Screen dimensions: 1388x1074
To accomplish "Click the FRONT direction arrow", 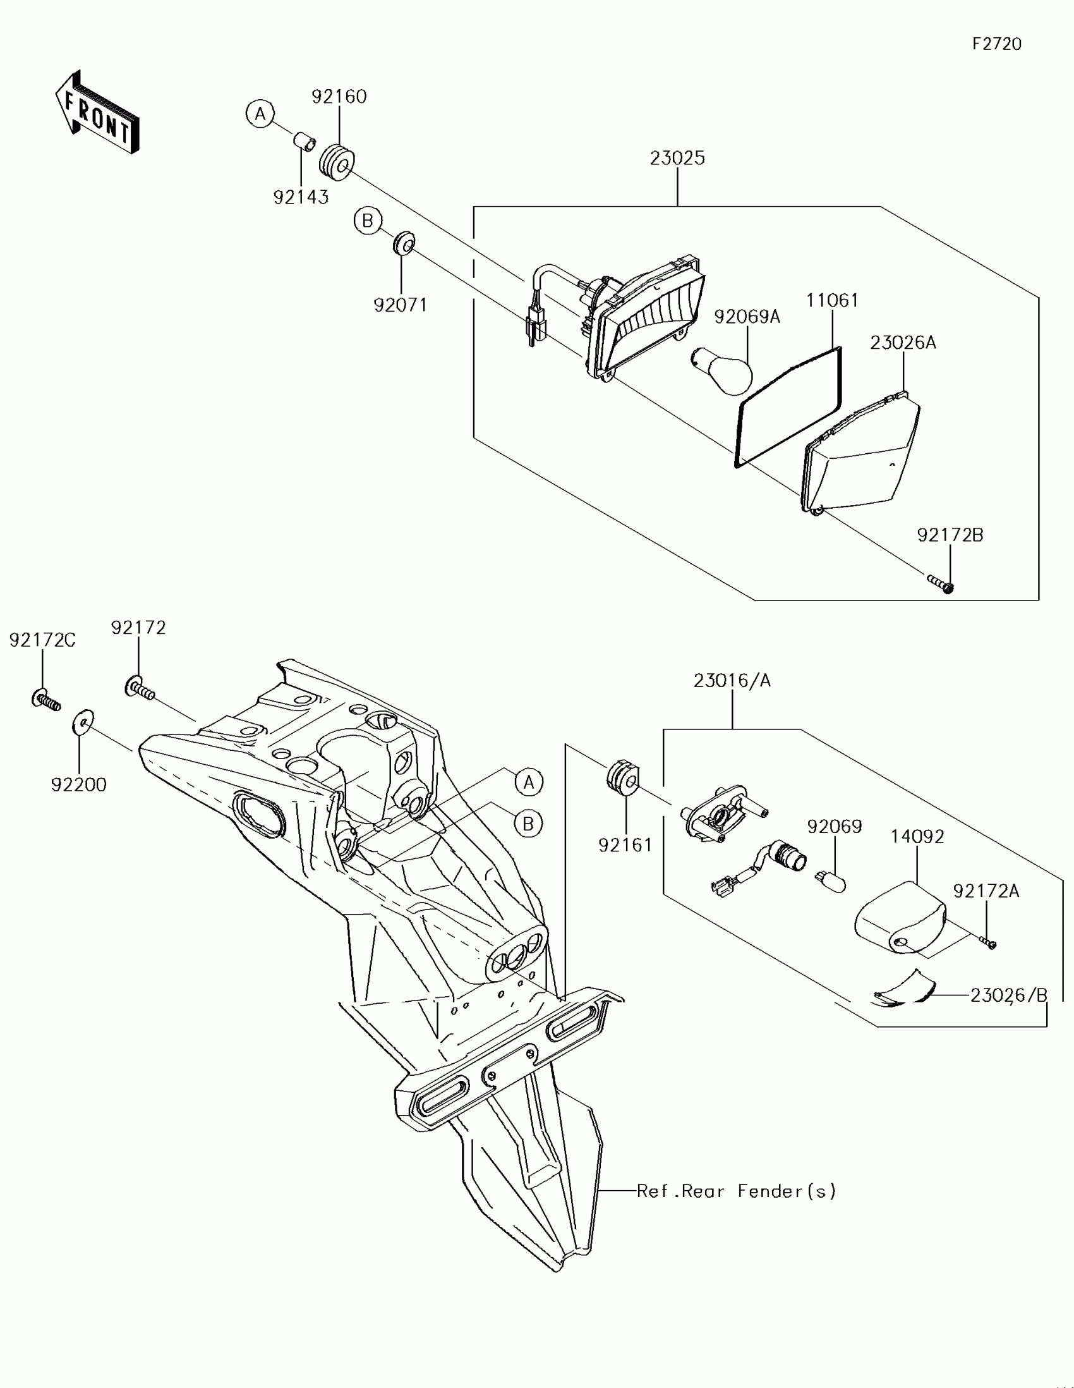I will (97, 113).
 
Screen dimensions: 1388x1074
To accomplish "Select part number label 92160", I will (339, 97).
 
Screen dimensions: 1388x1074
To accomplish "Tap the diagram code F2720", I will (996, 44).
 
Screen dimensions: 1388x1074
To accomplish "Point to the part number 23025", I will (677, 158).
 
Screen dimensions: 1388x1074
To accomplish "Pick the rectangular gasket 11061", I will (788, 408).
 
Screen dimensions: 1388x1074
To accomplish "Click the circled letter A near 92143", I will (260, 114).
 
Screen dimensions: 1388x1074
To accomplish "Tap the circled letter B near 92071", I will (368, 221).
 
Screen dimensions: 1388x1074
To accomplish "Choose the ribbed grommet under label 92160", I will (337, 163).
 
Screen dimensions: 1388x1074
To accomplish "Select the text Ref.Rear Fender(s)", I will (736, 1191).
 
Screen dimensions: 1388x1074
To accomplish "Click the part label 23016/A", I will (732, 681).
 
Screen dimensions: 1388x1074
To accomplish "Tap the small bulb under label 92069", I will (831, 882).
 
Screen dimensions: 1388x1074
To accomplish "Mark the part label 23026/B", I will (1008, 995).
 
